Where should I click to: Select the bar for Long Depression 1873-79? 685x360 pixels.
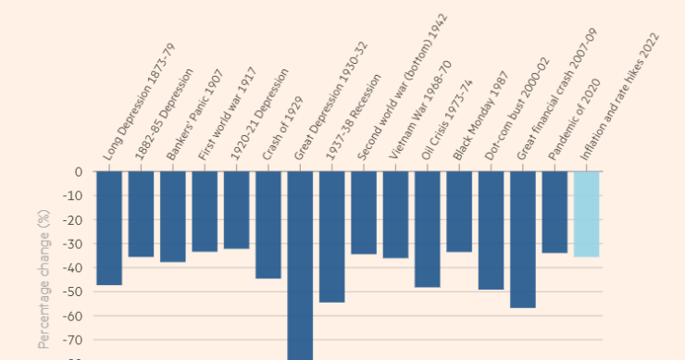[109, 228]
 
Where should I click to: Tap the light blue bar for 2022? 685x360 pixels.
[586, 214]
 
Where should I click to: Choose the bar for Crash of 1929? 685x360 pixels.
[268, 225]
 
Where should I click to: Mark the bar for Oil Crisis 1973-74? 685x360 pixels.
[428, 230]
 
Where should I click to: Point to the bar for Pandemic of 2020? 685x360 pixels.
[554, 212]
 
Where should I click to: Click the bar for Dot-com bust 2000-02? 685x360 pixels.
[491, 230]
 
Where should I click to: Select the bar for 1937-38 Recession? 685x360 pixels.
[332, 237]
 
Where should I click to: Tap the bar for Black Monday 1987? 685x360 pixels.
[459, 212]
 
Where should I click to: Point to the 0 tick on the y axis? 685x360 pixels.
[78, 172]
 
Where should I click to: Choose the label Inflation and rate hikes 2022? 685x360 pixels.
[621, 96]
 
